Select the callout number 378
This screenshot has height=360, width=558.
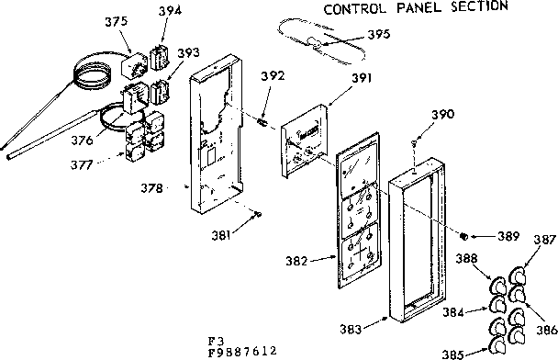point(153,188)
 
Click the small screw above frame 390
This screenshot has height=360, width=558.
point(418,141)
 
